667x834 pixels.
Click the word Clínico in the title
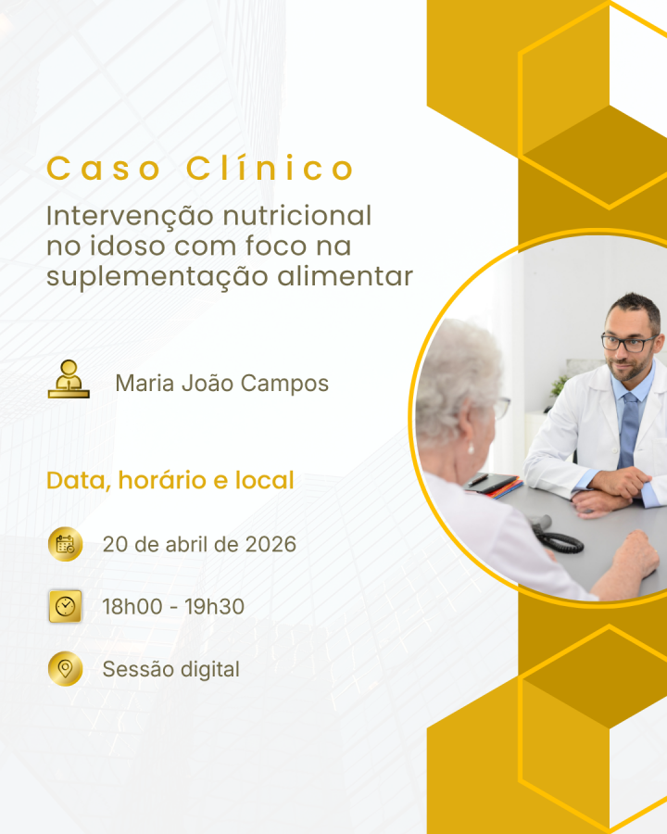coord(270,169)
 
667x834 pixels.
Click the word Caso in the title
coord(104,170)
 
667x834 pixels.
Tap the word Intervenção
coord(131,217)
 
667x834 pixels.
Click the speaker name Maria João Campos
coord(221,384)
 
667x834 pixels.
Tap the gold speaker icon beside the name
coord(69,379)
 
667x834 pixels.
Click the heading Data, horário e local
coord(170,480)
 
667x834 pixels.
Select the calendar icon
coord(66,544)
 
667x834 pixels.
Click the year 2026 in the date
coord(271,544)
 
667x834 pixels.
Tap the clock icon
coord(66,606)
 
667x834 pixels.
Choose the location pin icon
coord(66,668)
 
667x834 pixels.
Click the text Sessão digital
coord(170,669)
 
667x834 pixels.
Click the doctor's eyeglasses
coord(629,342)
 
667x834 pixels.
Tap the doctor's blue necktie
coord(629,430)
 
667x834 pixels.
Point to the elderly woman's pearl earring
coord(471,449)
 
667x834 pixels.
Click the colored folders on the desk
coord(494,485)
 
